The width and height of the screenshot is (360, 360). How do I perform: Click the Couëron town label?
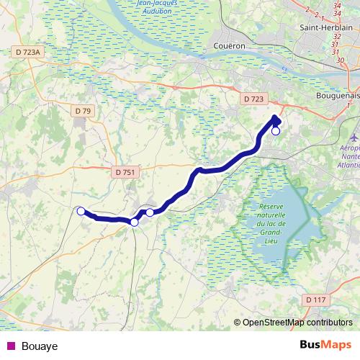(x=230, y=45)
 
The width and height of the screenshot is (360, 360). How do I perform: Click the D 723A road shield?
(x=28, y=52)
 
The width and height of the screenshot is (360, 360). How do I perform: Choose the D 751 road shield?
(x=125, y=171)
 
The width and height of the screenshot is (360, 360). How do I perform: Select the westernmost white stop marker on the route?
(x=81, y=211)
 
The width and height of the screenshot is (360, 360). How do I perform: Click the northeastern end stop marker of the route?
(x=275, y=131)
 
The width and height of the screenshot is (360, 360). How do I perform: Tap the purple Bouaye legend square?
(x=10, y=346)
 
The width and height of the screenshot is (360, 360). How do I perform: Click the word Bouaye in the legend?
(x=40, y=346)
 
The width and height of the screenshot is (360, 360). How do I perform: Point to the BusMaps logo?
(x=326, y=345)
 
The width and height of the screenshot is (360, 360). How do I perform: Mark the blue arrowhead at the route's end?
(x=276, y=119)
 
